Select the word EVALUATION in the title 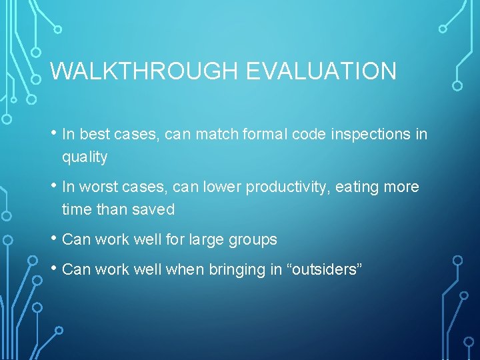point(321,71)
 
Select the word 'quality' point(85,157)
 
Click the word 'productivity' point(287,187)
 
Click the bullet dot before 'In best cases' point(53,134)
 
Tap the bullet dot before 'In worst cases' point(53,187)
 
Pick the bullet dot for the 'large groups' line point(53,239)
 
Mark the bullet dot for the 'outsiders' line point(53,269)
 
